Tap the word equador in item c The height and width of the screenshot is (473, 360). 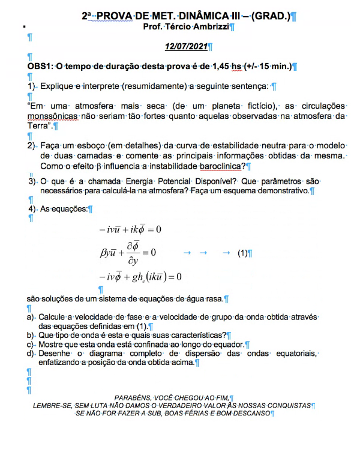point(227,345)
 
